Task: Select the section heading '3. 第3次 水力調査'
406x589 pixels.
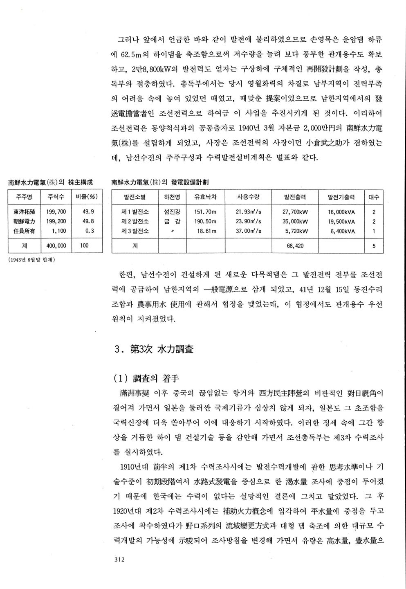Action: click(154, 349)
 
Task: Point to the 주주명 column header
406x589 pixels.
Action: click(25, 197)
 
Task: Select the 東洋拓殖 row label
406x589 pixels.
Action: click(24, 212)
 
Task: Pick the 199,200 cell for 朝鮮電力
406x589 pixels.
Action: click(56, 221)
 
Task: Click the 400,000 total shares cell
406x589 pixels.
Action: click(56, 246)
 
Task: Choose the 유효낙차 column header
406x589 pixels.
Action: click(205, 197)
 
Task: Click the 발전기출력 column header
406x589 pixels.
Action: click(341, 197)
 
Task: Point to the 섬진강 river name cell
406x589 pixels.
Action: click(172, 212)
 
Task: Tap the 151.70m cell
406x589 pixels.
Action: click(205, 212)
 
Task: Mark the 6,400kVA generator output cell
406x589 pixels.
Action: click(341, 231)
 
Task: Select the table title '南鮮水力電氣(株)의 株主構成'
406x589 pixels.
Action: click(50, 182)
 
